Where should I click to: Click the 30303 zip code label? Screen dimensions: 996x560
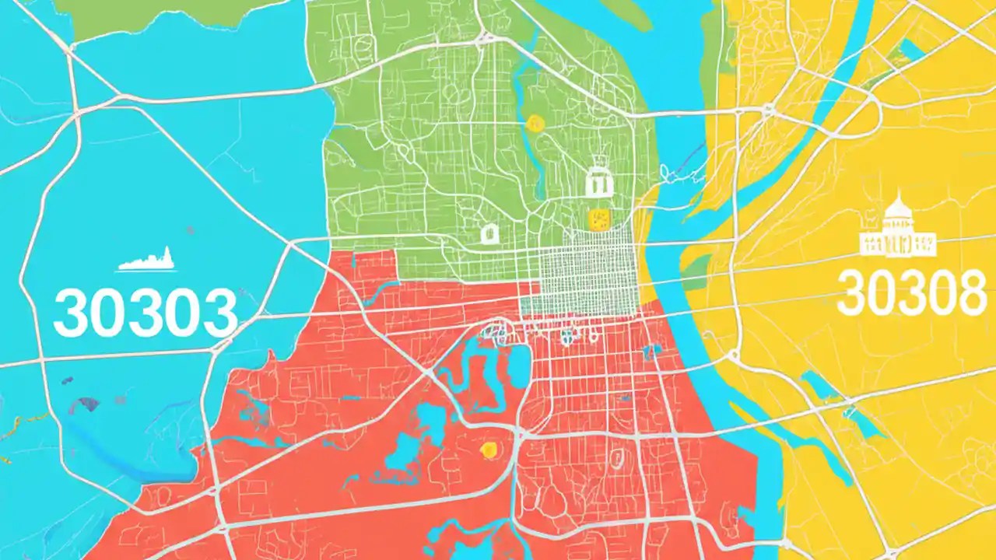145,313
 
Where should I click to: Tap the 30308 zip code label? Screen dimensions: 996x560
913,293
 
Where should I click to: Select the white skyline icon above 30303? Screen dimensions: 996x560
147,260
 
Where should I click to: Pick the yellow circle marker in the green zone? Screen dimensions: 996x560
535,122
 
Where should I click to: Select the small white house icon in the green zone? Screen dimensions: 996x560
489,233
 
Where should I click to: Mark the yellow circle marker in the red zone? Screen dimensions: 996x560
489,449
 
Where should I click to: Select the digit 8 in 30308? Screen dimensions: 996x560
970,293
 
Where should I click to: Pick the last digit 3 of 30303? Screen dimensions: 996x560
219,313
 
